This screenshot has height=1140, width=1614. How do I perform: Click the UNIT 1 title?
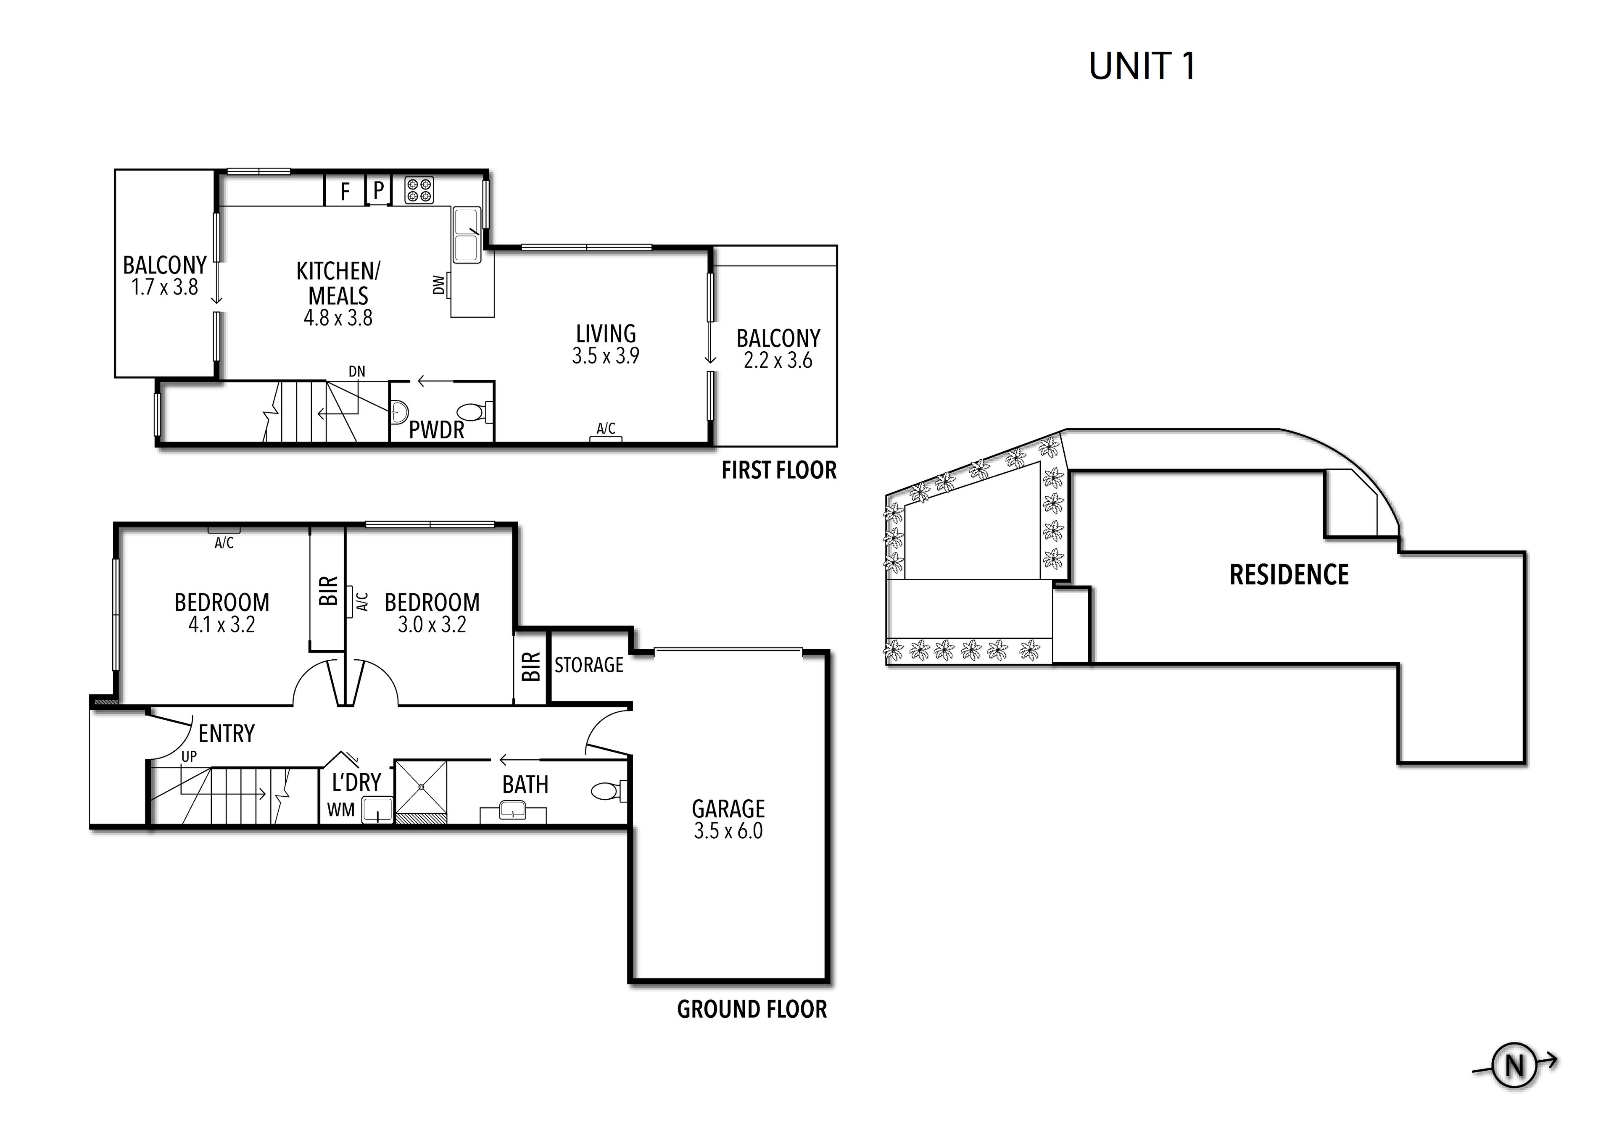[x=1142, y=67]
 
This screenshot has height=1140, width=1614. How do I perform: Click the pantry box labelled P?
[x=378, y=190]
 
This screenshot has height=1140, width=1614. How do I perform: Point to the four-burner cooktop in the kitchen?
[x=419, y=190]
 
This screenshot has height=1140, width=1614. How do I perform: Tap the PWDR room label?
[x=437, y=430]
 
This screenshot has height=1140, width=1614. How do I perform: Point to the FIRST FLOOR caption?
[x=779, y=470]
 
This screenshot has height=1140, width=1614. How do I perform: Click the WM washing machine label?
[x=341, y=810]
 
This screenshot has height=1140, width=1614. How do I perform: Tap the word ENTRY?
[x=227, y=734]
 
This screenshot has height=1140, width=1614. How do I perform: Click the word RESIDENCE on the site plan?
[x=1289, y=575]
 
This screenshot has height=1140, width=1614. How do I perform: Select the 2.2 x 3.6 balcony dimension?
[x=778, y=361]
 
